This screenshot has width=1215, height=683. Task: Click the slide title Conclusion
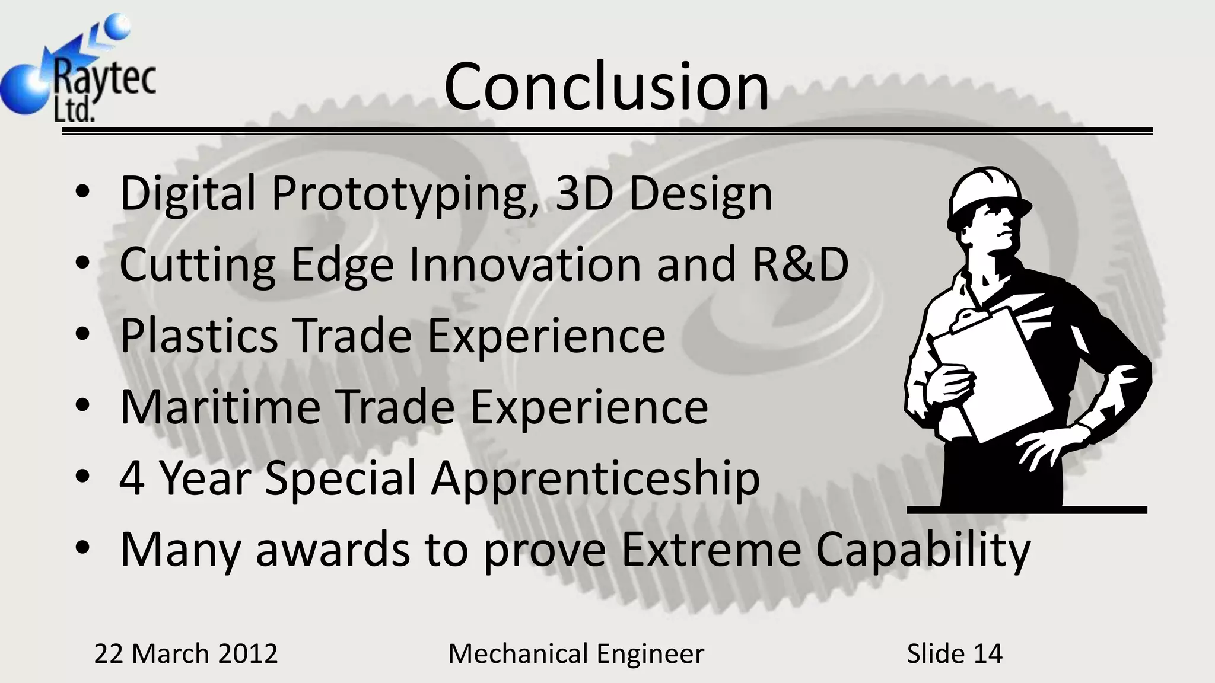click(x=606, y=87)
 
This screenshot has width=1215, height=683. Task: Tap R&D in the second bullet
click(x=800, y=264)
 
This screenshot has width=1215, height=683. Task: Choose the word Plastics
click(x=199, y=336)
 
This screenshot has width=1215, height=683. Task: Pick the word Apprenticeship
click(x=595, y=479)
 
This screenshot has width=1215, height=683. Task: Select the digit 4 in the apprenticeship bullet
click(x=132, y=478)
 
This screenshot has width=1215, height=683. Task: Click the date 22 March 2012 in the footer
click(x=186, y=654)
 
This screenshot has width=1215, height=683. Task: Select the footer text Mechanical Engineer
click(x=576, y=654)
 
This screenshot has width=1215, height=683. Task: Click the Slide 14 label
click(x=954, y=654)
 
